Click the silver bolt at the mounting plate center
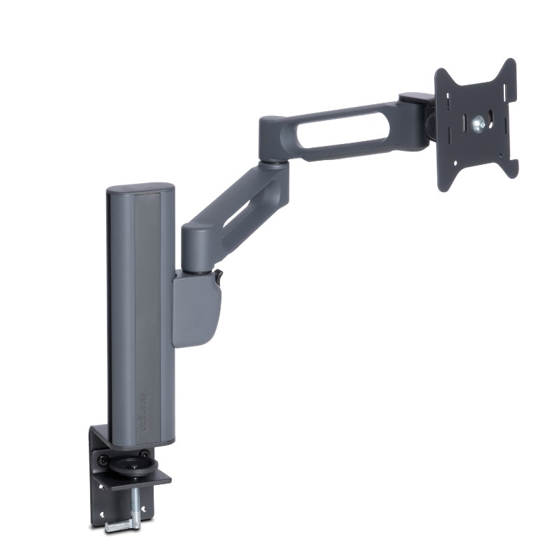tap(478, 125)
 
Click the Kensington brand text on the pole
tap(143, 412)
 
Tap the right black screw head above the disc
tap(144, 454)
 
